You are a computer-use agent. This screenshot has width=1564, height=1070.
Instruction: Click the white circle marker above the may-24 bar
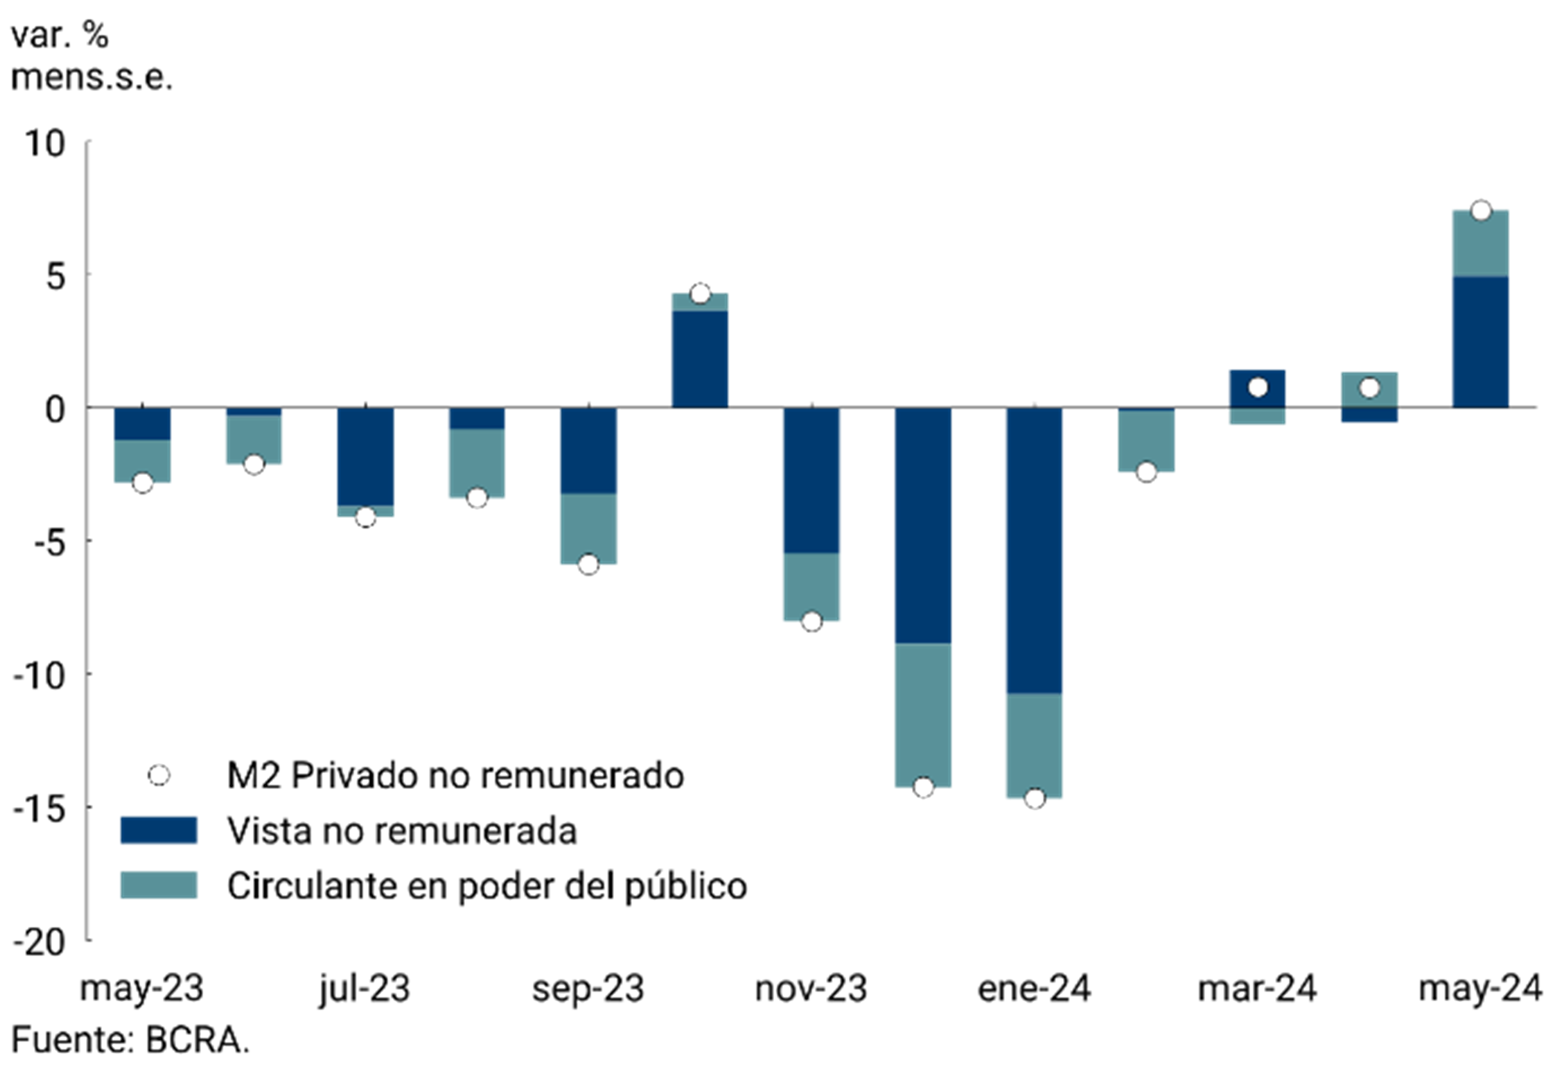(1481, 211)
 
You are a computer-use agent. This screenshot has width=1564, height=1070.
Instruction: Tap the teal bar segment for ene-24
(1034, 746)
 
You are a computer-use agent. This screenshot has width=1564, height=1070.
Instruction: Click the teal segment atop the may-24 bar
(1481, 244)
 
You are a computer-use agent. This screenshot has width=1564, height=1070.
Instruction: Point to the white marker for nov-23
(812, 622)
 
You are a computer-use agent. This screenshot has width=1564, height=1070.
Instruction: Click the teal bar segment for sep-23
(589, 528)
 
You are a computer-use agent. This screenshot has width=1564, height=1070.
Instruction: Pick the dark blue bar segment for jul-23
(365, 456)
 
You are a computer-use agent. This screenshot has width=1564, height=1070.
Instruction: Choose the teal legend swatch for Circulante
(159, 885)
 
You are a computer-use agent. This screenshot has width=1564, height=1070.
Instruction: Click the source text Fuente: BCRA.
(130, 1040)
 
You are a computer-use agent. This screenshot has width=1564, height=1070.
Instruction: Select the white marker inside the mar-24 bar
(1257, 387)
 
